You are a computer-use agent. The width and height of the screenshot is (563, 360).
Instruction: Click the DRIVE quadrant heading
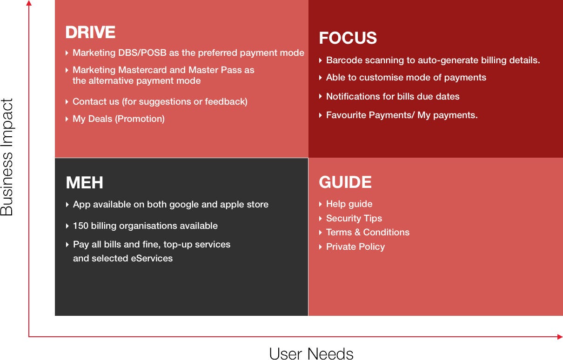click(90, 32)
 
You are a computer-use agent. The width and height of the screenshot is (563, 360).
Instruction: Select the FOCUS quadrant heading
click(348, 38)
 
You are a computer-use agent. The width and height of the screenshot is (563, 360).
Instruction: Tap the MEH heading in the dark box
click(85, 182)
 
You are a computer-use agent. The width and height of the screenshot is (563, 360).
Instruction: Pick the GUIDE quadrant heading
click(345, 182)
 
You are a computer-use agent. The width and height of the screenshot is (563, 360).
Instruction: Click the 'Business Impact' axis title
click(7, 157)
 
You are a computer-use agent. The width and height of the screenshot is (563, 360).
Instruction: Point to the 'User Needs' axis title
click(311, 353)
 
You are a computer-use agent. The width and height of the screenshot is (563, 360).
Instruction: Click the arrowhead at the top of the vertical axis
click(29, 3)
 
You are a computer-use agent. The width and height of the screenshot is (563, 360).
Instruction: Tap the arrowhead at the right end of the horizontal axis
click(560, 337)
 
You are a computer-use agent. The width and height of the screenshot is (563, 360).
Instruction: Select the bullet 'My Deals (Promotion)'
click(119, 119)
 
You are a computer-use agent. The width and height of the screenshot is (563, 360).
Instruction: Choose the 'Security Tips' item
click(354, 218)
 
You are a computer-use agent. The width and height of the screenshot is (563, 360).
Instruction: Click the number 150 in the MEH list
click(80, 226)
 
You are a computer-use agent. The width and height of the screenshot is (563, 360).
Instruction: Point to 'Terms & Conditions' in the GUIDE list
click(368, 233)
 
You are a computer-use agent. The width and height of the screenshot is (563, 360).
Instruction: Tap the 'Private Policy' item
click(355, 247)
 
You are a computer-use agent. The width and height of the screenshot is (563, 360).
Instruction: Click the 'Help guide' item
click(349, 204)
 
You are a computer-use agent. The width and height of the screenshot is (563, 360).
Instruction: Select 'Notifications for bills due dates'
click(393, 96)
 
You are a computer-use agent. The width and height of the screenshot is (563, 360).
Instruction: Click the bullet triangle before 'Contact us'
click(67, 102)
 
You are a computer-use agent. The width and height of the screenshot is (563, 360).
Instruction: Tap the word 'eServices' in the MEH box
click(152, 258)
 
